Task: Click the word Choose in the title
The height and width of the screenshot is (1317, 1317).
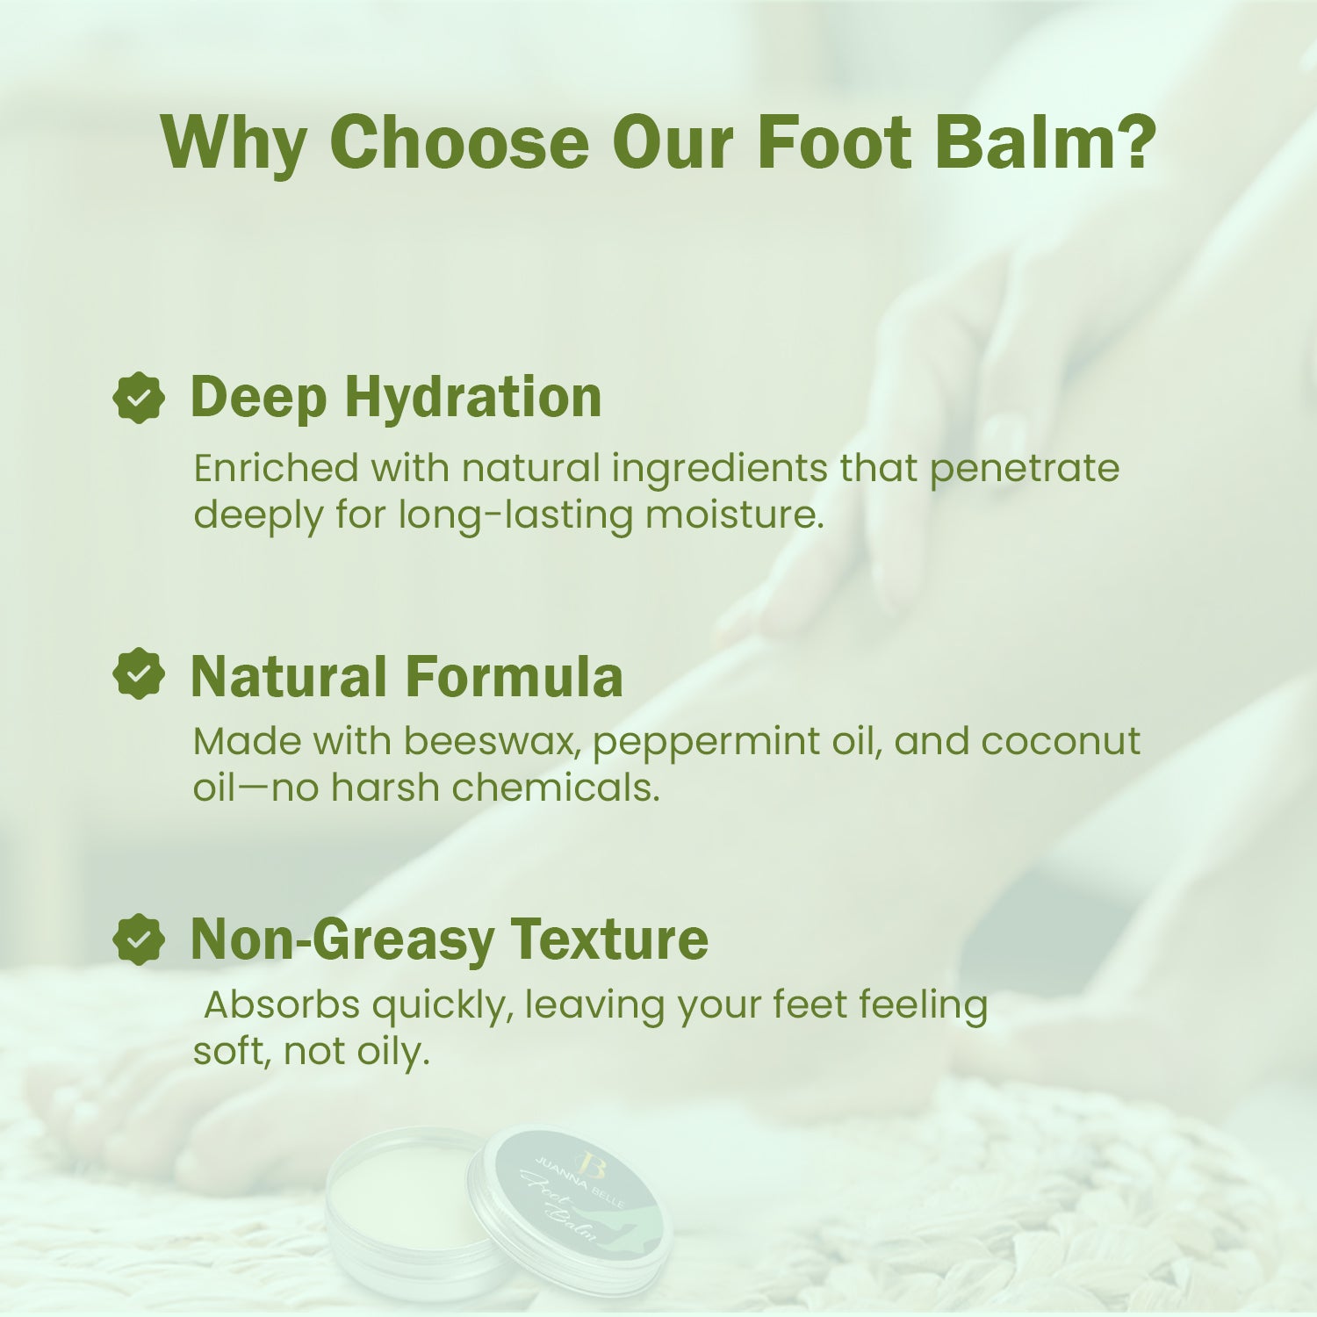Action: [x=458, y=142]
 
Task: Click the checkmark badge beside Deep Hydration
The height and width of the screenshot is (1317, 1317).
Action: [x=139, y=398]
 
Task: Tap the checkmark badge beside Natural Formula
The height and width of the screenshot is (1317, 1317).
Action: [x=139, y=674]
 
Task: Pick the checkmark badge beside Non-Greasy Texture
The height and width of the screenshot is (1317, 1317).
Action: [x=139, y=939]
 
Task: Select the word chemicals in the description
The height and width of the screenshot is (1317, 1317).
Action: [x=555, y=788]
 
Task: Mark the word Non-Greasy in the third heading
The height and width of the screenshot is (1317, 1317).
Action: [x=342, y=939]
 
